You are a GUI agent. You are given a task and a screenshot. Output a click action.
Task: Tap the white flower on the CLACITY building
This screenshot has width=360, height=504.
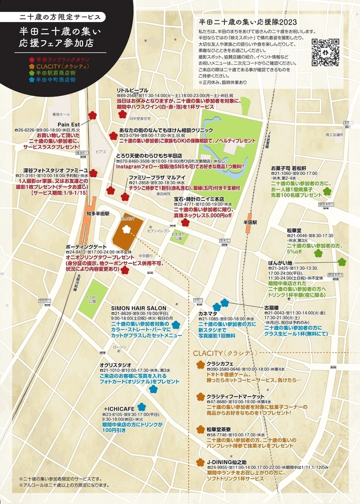tap(126, 229)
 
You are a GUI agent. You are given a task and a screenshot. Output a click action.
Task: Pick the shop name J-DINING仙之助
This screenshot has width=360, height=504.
tap(227, 462)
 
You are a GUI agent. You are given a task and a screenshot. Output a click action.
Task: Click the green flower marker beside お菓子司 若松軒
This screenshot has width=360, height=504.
tap(327, 190)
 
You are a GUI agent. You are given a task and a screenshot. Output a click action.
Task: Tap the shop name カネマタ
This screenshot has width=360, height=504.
tap(207, 313)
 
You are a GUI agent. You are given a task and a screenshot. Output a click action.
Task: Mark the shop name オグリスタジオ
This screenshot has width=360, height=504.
tap(116, 365)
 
